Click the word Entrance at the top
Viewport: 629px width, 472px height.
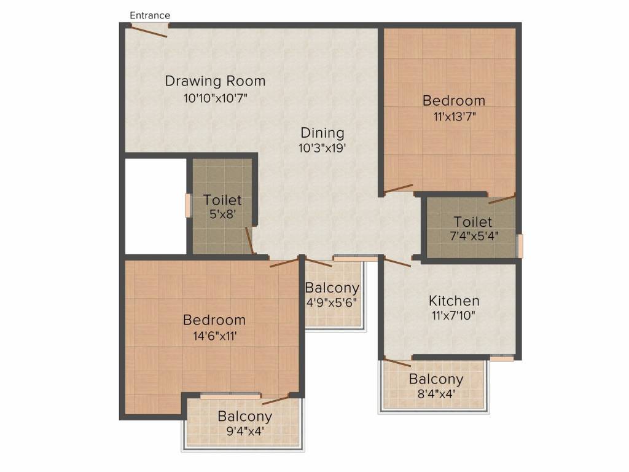pos(150,15)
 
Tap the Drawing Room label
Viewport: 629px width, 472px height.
pos(215,81)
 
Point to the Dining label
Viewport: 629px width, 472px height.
pos(322,133)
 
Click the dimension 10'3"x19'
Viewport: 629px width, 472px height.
pos(322,148)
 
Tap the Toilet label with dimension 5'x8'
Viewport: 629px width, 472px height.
pos(222,200)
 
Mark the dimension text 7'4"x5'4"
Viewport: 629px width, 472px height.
pos(473,237)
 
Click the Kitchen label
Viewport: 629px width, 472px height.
pos(454,301)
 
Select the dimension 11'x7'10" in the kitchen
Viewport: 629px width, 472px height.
pos(454,317)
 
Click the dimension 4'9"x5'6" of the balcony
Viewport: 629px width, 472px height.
pos(332,302)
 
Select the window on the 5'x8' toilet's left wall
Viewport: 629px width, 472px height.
pos(189,205)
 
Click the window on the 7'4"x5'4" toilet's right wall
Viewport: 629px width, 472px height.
pos(520,246)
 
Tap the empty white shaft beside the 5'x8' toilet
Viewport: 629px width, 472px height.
pos(155,206)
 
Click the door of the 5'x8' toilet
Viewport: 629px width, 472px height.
pos(249,240)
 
